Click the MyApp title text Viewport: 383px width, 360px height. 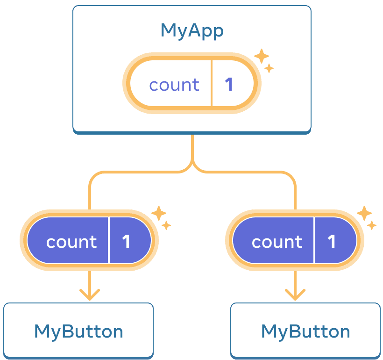coord(191,31)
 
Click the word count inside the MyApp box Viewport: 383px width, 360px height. coord(174,85)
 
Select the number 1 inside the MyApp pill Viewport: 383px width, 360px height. coord(229,85)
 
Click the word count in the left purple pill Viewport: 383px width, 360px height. coord(71,242)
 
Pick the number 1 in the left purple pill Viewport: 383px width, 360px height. coord(126,242)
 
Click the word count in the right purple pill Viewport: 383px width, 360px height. coord(277,242)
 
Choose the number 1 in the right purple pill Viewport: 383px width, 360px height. coord(332,242)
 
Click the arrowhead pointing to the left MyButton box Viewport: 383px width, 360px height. coord(89,295)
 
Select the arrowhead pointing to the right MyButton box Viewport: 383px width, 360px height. coord(295,295)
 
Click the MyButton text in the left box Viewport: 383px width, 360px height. coord(78,331)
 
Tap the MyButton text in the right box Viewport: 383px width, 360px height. coord(305,331)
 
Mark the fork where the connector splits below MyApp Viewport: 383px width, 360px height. coord(192,166)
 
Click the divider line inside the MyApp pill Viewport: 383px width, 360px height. coord(212,85)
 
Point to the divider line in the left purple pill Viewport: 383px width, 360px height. coord(109,240)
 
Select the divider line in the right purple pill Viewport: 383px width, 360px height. coord(314,240)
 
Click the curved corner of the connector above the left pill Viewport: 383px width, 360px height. coord(92,176)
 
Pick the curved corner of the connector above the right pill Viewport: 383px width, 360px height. coord(291,176)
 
